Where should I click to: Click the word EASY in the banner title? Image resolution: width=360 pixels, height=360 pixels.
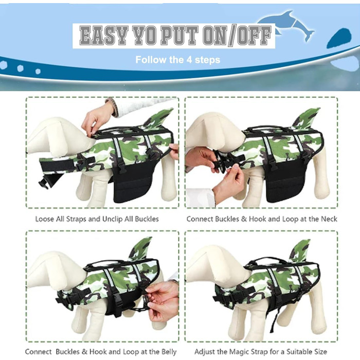point(104,35)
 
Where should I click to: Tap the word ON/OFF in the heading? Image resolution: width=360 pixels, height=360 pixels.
point(237,35)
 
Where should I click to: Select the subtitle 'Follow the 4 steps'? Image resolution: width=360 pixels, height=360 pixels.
point(178,60)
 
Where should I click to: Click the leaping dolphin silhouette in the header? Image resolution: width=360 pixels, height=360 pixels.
point(286,26)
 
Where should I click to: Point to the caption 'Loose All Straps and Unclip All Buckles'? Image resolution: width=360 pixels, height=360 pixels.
point(97,219)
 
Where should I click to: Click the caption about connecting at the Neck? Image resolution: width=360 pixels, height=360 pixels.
point(262,219)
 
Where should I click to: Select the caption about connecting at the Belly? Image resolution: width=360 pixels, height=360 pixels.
point(101,351)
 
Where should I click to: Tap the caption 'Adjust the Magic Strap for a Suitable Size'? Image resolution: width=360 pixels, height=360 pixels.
point(261,351)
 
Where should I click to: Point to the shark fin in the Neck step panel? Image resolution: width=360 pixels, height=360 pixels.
point(307,119)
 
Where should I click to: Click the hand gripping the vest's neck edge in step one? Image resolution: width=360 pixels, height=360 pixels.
point(98,119)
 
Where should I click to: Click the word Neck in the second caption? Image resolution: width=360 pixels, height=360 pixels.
point(329,219)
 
